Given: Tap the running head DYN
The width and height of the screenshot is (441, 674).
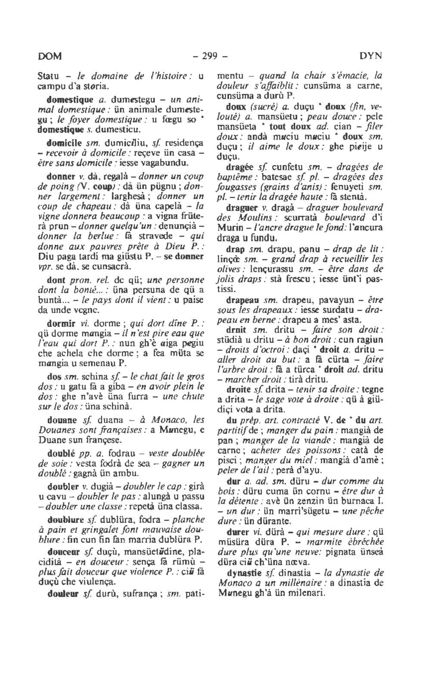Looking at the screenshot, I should click(370, 56).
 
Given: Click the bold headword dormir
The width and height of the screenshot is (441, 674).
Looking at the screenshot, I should click(60, 323).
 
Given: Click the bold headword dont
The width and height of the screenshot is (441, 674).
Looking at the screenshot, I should click(55, 278).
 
